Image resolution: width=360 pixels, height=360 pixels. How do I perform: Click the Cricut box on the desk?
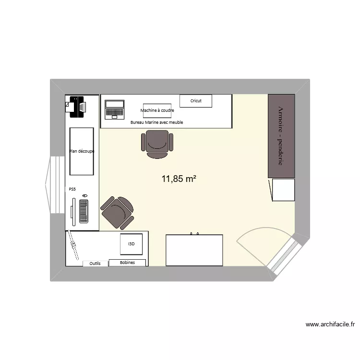pos(196,101)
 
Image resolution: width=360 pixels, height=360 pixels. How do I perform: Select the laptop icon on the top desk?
pos(115,109)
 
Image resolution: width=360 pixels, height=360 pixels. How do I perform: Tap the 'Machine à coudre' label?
pos(157,110)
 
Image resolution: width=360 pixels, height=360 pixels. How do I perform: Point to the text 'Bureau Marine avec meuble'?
pos(157,122)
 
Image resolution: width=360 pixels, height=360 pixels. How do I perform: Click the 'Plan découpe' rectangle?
pos(82,151)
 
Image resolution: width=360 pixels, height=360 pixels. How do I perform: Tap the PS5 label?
pos(72,189)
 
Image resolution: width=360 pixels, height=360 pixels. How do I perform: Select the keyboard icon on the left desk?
pos(84,211)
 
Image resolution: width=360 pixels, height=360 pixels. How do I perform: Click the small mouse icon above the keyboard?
pos(85,196)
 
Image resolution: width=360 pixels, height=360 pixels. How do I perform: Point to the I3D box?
pos(132,244)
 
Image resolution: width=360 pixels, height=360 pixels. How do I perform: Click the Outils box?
pos(95,264)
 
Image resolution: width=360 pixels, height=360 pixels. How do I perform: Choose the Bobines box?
pos(128,263)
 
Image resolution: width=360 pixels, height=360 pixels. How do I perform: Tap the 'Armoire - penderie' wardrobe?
pos(281,136)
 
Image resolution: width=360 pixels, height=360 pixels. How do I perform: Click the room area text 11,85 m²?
pos(179,180)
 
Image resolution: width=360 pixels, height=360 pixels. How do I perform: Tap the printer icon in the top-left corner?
pos(75,106)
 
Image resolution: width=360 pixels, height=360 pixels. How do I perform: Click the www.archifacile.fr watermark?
pos(330,325)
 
